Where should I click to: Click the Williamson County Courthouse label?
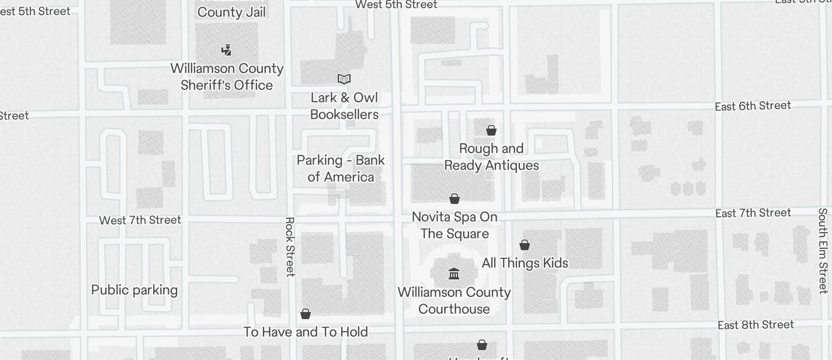pos(454,300)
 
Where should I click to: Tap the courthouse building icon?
pos(454,274)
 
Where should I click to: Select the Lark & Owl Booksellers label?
pos(344,106)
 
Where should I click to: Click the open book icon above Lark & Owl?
pos(344,79)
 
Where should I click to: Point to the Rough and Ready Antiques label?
pos(491,157)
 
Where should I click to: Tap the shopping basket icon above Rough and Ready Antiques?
pos(491,130)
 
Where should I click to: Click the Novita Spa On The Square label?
pos(455,225)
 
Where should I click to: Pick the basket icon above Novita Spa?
pos(455,199)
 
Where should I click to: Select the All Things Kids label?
pos(525,263)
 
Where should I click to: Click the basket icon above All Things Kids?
pos(525,245)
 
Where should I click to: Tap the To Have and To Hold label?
pos(306,332)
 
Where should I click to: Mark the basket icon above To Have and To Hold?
pos(306,314)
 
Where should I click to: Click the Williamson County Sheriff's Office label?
pos(227,77)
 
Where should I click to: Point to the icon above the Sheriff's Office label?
pos(227,50)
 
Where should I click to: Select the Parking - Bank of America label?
pos(341,168)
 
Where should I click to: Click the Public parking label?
pos(134,290)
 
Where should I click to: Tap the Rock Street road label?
pos(290,247)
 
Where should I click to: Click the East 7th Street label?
pos(753,213)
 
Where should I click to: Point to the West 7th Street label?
pos(140,220)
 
